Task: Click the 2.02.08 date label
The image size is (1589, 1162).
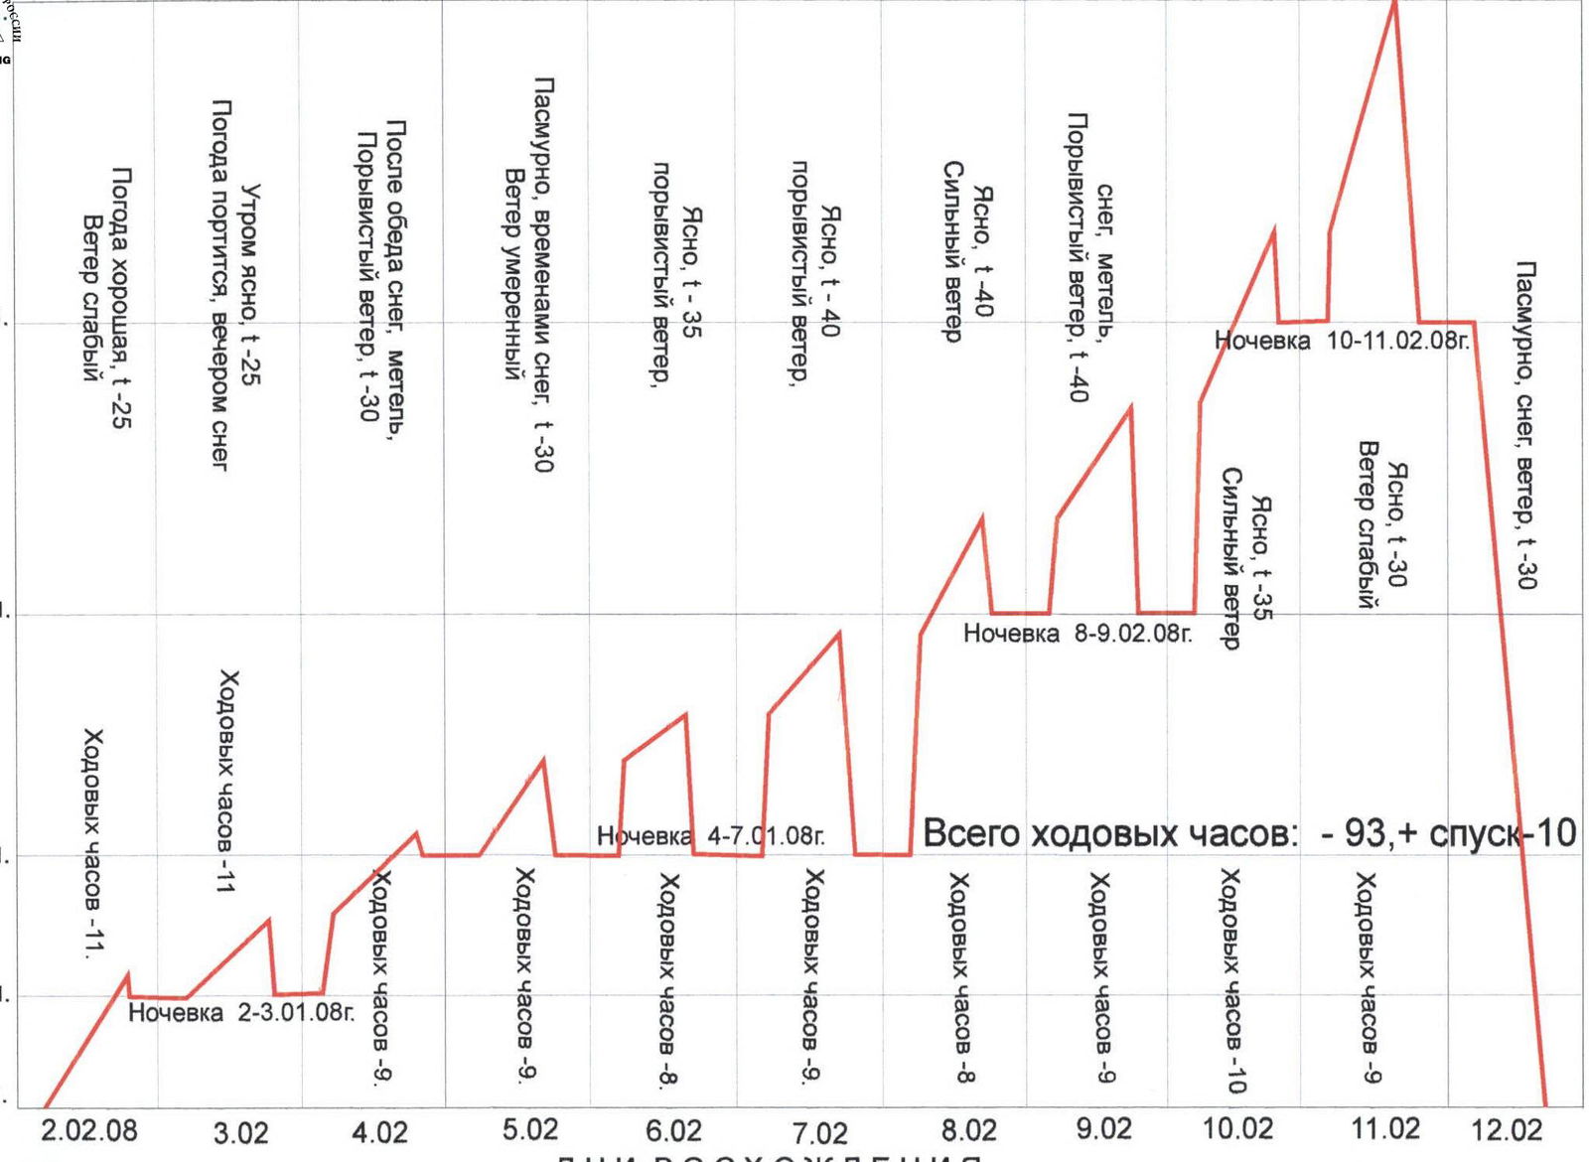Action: (x=89, y=1131)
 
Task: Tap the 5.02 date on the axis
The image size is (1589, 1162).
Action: (x=530, y=1130)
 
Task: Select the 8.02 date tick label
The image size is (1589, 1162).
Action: (x=968, y=1130)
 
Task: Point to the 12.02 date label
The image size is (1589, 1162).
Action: (x=1507, y=1130)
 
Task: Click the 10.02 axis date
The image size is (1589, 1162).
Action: (x=1237, y=1129)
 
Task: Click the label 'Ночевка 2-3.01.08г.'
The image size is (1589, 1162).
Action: (x=241, y=1013)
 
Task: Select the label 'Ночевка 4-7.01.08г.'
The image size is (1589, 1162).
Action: (x=710, y=836)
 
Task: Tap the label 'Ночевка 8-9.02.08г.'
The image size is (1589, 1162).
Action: (x=1078, y=633)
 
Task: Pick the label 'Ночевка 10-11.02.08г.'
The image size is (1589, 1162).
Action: (x=1341, y=341)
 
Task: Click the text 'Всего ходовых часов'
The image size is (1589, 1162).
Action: (x=1109, y=833)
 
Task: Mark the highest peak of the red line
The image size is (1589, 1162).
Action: (x=1394, y=4)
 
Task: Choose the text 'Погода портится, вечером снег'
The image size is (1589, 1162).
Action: (x=220, y=283)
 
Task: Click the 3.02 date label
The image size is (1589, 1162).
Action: (x=240, y=1133)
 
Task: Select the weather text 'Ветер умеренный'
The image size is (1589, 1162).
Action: (x=512, y=274)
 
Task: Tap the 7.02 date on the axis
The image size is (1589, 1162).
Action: (x=820, y=1132)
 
